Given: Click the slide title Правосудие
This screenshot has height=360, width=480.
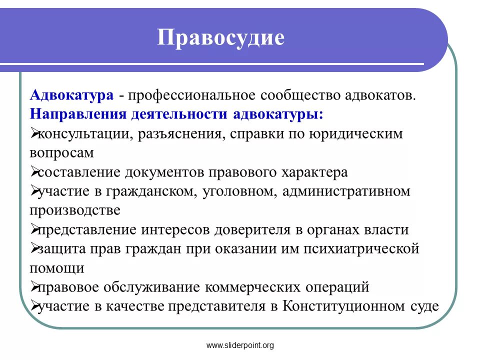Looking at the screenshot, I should pos(220,38).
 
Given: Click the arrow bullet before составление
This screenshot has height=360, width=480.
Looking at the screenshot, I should pos(34,171).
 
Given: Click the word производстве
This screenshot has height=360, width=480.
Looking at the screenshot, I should pos(75,210).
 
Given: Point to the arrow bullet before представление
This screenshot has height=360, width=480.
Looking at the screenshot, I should pos(34,229).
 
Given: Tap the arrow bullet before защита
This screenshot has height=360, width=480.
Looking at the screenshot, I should pos(34,248).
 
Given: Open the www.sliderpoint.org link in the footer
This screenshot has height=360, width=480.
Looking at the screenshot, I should pos(240,345).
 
